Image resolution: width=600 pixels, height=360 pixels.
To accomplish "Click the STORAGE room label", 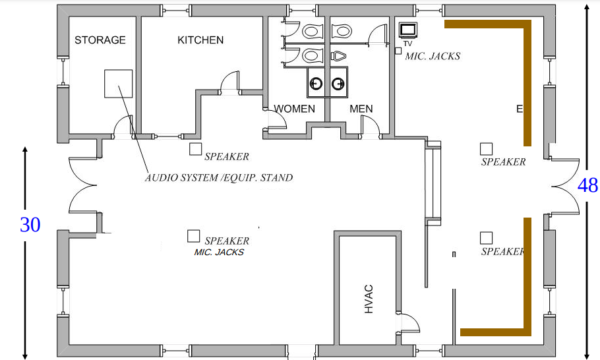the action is (x=100, y=40).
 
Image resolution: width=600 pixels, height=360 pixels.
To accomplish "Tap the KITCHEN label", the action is (x=200, y=40).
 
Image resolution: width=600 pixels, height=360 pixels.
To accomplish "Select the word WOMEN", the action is (x=295, y=109).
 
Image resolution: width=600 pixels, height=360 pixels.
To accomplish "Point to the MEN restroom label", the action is (x=361, y=109).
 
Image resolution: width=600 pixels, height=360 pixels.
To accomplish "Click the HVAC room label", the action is (x=369, y=299).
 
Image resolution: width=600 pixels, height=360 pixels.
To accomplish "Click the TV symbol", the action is (x=408, y=30).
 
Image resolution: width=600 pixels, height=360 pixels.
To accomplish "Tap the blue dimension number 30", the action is (x=30, y=225).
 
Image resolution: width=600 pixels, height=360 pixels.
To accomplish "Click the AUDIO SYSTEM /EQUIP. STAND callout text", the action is (x=218, y=177).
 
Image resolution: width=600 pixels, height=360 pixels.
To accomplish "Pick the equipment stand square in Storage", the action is (x=119, y=83).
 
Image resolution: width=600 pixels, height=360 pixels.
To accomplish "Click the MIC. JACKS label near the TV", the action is (x=433, y=56).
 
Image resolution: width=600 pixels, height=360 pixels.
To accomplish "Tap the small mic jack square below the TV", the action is (x=398, y=51).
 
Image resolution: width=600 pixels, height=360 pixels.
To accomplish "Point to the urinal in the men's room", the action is (x=338, y=56).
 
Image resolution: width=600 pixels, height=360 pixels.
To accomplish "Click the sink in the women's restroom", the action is (x=316, y=82).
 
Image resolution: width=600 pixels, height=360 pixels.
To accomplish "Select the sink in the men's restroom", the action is (x=338, y=82).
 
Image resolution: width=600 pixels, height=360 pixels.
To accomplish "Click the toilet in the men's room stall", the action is (x=342, y=31).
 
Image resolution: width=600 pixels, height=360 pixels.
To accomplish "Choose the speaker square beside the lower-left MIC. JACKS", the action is (x=194, y=237).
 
